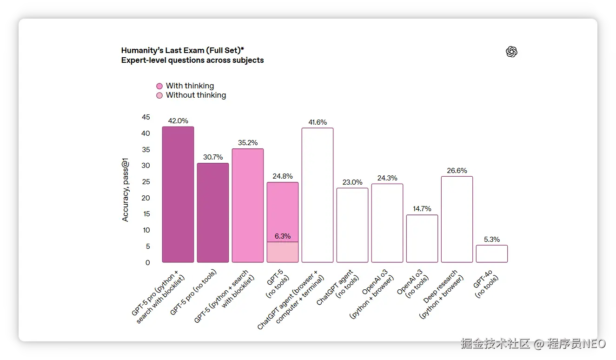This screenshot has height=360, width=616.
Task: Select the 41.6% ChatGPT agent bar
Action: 318,195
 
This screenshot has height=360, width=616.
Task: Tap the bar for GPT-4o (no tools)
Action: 492,253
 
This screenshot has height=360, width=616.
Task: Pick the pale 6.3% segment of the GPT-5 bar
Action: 283,252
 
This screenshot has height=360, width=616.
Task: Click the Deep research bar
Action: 457,219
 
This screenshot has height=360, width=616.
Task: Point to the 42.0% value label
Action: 178,121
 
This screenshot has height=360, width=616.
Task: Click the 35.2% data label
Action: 248,143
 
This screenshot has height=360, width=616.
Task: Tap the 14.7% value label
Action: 422,209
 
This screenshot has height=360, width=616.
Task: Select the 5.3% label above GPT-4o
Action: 492,240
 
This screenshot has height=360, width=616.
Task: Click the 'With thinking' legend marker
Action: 159,86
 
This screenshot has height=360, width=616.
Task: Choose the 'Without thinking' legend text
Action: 196,95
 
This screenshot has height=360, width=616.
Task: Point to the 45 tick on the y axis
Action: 146,117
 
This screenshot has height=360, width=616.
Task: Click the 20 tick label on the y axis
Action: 146,198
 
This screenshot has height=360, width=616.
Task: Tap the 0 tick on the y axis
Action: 148,263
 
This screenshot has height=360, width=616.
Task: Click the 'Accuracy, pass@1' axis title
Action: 126,190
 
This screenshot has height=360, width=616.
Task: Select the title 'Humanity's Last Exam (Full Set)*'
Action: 183,51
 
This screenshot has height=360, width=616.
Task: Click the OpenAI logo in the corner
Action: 511,52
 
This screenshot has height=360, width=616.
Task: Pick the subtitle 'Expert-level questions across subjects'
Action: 192,60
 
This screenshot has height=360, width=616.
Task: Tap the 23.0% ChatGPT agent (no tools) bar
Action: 352,225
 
